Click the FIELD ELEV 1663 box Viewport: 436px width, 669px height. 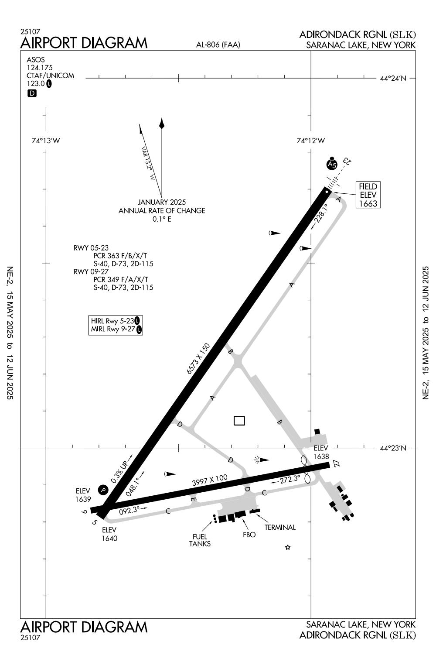tap(367, 195)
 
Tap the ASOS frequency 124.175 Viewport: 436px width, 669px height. tap(39, 68)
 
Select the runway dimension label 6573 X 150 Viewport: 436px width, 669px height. tap(198, 359)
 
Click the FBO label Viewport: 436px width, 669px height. tap(249, 534)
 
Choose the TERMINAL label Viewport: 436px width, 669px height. tap(280, 527)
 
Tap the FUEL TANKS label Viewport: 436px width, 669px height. tap(200, 540)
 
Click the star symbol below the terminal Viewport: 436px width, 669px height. tap(287, 547)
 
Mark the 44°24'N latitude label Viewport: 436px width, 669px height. tap(393, 79)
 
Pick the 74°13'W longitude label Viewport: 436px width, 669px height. tap(46, 141)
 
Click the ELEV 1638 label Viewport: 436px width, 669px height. tap(320, 453)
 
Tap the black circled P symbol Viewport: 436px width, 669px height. tap(103, 490)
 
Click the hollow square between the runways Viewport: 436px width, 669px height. tap(239, 421)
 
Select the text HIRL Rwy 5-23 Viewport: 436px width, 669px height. tap(112, 321)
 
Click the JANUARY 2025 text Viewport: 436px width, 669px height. tap(162, 202)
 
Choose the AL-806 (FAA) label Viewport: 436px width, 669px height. tap(218, 44)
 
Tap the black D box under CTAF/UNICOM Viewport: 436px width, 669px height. tap(32, 93)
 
